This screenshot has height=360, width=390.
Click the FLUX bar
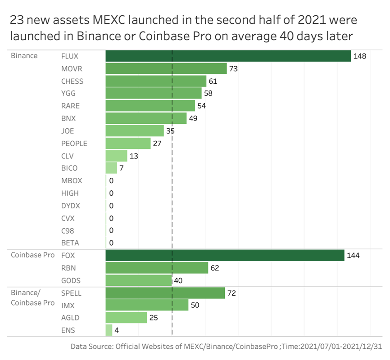coord(228,56)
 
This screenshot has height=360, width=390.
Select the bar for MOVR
coord(166,68)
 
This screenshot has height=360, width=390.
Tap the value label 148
coord(359,56)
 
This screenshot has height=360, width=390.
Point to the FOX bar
coord(225,255)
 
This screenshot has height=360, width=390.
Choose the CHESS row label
coord(72,81)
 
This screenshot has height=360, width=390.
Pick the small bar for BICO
coord(111,168)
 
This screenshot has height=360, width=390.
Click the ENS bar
coord(109,330)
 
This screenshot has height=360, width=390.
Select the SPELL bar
coord(165,293)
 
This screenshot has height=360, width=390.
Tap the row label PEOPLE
coord(74,144)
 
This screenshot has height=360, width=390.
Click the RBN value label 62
coord(214,268)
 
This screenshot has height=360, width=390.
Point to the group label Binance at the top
coord(24,56)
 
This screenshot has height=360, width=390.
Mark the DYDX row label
coord(70,206)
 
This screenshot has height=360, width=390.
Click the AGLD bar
coord(126,318)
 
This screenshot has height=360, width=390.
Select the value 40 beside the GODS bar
coord(178,281)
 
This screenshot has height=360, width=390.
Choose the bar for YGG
coord(153,93)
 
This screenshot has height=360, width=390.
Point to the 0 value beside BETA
coord(111,243)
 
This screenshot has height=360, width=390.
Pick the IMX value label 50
coord(195,306)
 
